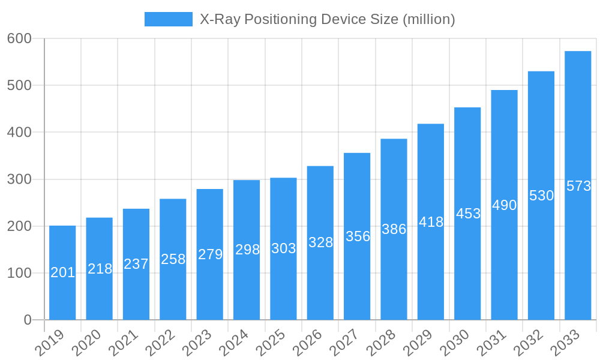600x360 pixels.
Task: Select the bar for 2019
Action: click(62, 272)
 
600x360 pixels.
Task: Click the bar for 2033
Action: click(578, 185)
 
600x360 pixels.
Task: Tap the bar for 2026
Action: click(320, 242)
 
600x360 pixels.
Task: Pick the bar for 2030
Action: click(467, 214)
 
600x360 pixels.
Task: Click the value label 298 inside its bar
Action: click(247, 250)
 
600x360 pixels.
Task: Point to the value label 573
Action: click(579, 186)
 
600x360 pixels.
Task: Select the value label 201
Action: click(62, 272)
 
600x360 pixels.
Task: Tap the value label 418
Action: click(431, 222)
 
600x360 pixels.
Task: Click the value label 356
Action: click(358, 236)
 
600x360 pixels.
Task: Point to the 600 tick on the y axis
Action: click(19, 38)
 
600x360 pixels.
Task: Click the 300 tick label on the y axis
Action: click(19, 179)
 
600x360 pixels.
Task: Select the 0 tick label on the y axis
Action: click(28, 320)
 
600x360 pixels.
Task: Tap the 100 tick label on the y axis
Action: click(19, 273)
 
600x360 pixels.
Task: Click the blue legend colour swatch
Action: click(168, 19)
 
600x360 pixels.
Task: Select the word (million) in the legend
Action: click(428, 19)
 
